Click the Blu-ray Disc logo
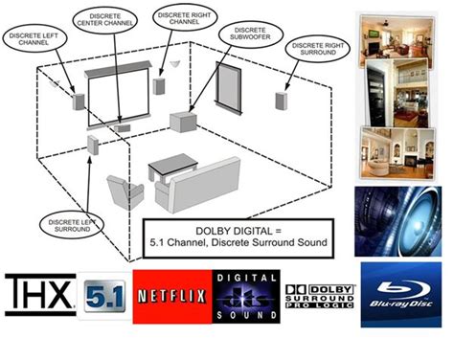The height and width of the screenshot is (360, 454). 400,294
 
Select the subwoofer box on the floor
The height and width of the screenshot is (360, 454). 183,121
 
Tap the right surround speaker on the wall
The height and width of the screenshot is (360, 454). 282,101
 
